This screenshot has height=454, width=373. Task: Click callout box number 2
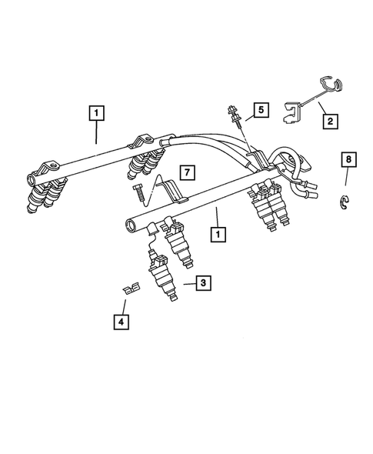[x=330, y=121]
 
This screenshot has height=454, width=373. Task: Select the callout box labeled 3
[x=203, y=284]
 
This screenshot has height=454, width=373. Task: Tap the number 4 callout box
[x=122, y=322]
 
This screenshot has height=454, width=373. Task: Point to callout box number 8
[x=349, y=160]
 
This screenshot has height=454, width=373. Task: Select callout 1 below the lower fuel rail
[x=220, y=232]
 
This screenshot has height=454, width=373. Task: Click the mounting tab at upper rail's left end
[x=45, y=170]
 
